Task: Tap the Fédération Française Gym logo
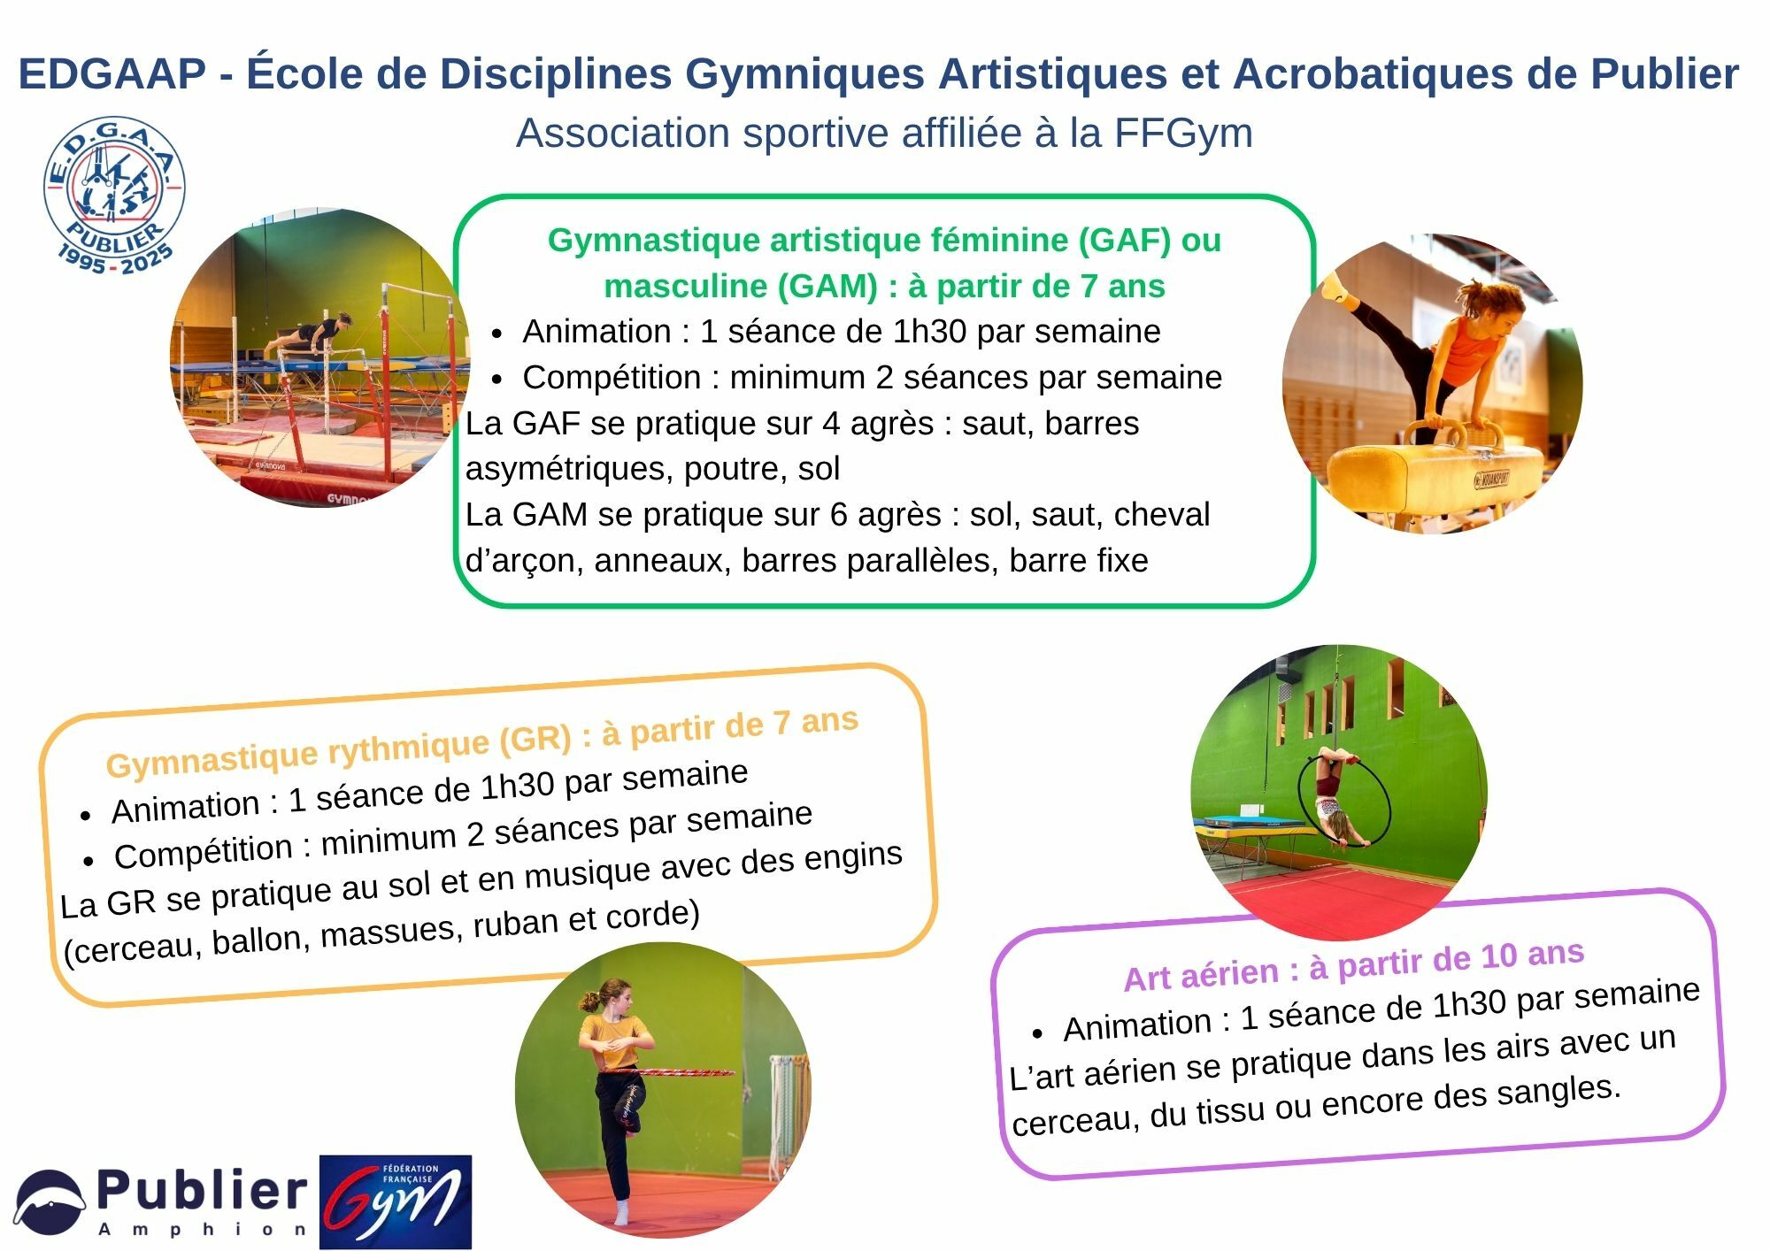pos(395,1201)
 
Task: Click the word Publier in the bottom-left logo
pos(202,1191)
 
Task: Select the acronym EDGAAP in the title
pos(112,73)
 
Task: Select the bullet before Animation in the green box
pos(497,334)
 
